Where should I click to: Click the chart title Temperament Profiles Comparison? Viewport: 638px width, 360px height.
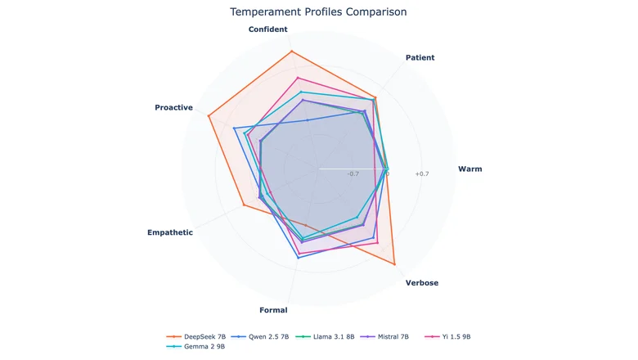[x=318, y=11]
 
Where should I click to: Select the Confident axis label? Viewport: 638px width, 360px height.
[x=267, y=29]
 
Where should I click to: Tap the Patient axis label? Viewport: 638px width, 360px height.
[x=420, y=58]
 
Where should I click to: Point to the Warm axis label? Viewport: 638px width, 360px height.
[x=470, y=169]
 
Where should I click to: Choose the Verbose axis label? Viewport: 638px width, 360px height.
[x=422, y=283]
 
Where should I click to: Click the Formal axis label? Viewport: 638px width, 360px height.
[x=273, y=310]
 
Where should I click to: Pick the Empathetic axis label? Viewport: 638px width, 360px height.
[x=170, y=232]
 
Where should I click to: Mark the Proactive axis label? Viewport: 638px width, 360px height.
[x=173, y=107]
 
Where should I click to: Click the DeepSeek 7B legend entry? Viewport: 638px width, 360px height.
[x=195, y=337]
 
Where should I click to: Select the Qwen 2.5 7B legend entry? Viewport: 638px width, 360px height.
[x=259, y=337]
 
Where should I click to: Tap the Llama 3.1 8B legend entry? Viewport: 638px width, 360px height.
[x=325, y=337]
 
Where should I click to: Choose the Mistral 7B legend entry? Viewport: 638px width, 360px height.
[x=384, y=337]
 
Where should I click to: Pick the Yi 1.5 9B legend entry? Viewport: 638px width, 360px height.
[x=447, y=337]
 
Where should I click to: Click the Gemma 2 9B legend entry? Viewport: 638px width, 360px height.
[x=195, y=347]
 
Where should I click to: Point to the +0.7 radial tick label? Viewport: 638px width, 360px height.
[x=422, y=174]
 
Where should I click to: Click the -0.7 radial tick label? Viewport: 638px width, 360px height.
[x=353, y=174]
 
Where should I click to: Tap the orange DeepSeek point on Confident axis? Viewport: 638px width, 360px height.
[x=291, y=52]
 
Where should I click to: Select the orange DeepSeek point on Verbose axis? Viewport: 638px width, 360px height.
[x=394, y=264]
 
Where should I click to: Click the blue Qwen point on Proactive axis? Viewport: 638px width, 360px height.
[x=234, y=128]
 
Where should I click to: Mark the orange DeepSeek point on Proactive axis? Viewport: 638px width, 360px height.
[x=209, y=116]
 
